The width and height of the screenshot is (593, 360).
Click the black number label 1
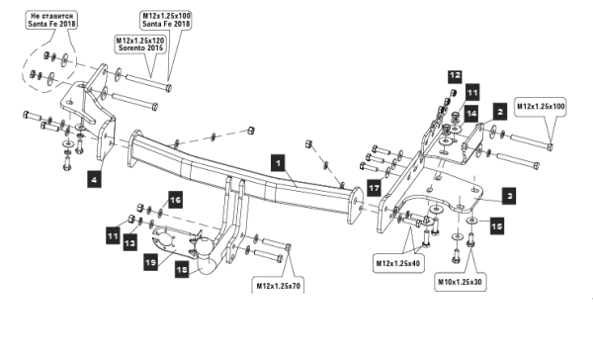(x=279, y=163)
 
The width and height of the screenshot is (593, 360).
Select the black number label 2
(x=500, y=112)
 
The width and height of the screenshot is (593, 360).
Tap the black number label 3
(x=509, y=196)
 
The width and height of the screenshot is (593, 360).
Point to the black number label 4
(x=94, y=179)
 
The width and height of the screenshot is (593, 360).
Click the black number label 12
(x=455, y=76)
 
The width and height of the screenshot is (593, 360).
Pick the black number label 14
(x=470, y=114)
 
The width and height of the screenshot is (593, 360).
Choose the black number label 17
(x=375, y=188)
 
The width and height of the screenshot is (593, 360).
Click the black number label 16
(x=175, y=200)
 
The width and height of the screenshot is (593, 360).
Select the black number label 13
(x=129, y=242)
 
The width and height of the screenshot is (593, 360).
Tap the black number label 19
(x=150, y=262)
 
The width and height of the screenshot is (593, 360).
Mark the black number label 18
(x=182, y=269)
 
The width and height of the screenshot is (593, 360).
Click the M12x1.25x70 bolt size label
(x=279, y=286)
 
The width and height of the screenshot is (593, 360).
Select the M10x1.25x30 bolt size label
(x=460, y=282)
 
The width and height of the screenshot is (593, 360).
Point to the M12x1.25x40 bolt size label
(x=397, y=263)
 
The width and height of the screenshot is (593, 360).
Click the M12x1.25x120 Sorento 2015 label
(x=140, y=44)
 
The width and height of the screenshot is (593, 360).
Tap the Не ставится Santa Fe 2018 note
(x=51, y=20)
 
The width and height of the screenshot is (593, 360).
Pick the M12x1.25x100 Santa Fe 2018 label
(x=166, y=20)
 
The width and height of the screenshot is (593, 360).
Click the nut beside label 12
(x=452, y=92)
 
